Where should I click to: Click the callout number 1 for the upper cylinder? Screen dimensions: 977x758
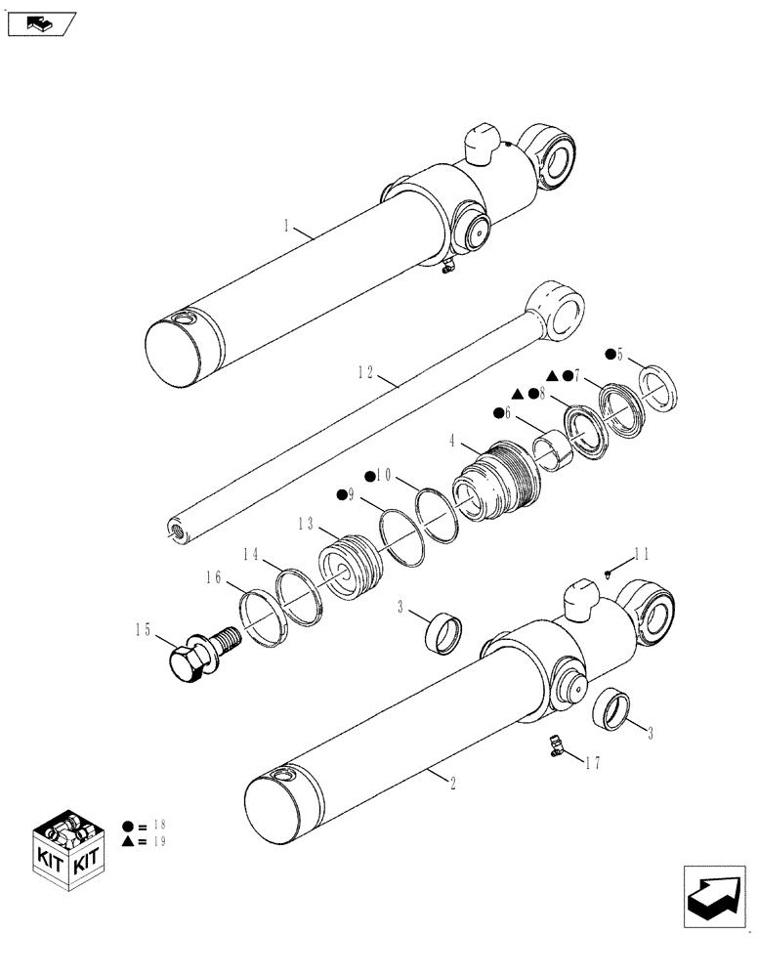coord(285,227)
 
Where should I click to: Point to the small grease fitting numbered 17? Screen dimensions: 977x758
coord(555,747)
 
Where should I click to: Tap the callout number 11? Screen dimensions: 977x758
coord(641,554)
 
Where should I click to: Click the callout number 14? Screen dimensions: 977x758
coord(251,554)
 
